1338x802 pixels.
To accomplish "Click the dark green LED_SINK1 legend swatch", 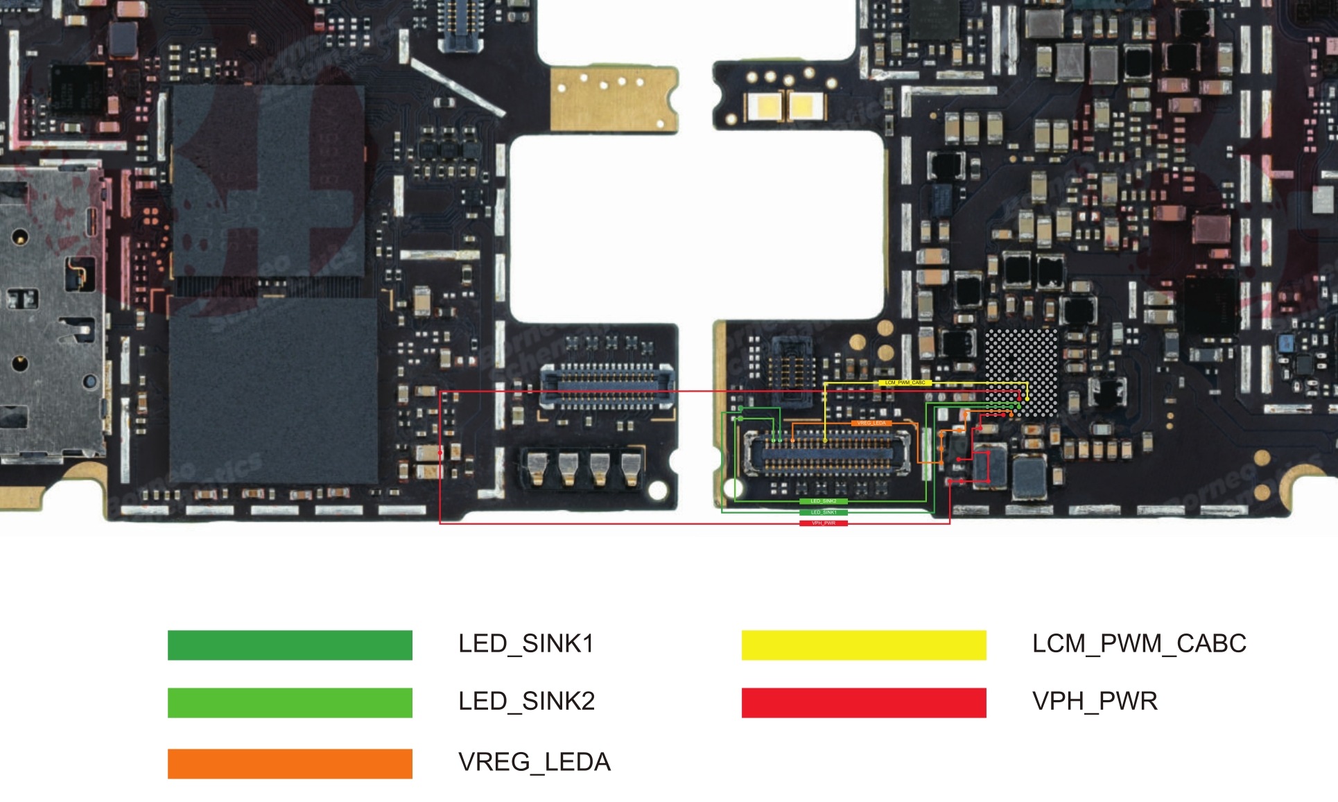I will point(290,645).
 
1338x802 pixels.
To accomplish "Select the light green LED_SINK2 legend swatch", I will point(290,702).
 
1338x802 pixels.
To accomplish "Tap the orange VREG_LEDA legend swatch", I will point(290,763).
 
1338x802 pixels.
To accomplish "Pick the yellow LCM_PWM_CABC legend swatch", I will point(864,645).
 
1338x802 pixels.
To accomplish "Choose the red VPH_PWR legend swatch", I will point(864,702).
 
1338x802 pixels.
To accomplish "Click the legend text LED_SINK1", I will point(526,644).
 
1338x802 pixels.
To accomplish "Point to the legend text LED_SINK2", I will point(527,701).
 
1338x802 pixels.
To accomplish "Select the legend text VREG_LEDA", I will point(535,762).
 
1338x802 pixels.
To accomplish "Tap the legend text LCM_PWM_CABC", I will point(1139,644).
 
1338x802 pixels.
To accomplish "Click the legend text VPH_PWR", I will point(1095,701).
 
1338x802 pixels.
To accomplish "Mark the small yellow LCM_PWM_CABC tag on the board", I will point(905,383).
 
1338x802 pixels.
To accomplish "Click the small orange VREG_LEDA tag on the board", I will point(871,423).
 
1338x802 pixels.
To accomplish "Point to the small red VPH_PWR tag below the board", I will point(824,523).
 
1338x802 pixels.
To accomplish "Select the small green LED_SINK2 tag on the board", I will point(824,501).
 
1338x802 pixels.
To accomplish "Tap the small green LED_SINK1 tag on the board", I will point(824,512).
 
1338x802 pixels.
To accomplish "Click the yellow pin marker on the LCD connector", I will point(825,440).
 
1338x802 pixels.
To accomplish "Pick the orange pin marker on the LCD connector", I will point(792,440).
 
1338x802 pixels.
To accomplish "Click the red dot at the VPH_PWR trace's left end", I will point(440,453).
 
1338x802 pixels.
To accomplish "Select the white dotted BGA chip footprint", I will point(1022,372).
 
